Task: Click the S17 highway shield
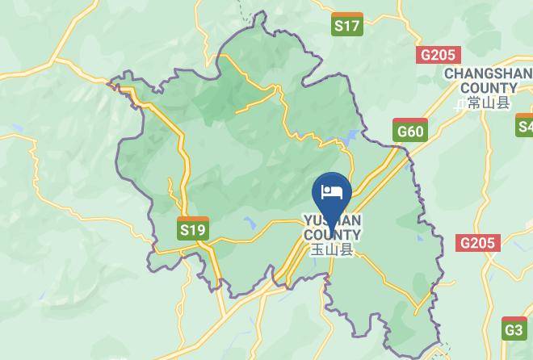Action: (x=347, y=25)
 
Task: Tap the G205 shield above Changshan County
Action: (x=439, y=55)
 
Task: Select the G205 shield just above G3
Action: (x=478, y=243)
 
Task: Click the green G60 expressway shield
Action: (x=410, y=130)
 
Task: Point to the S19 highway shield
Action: (x=192, y=228)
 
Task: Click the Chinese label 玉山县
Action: (x=332, y=250)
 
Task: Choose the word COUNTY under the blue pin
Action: (x=332, y=235)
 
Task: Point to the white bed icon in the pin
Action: (x=332, y=191)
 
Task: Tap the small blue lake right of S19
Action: (x=249, y=223)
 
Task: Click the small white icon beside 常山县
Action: (x=461, y=103)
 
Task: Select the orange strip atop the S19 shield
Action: (x=192, y=220)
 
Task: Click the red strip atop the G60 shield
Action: (x=410, y=121)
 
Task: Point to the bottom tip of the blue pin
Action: (x=332, y=217)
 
